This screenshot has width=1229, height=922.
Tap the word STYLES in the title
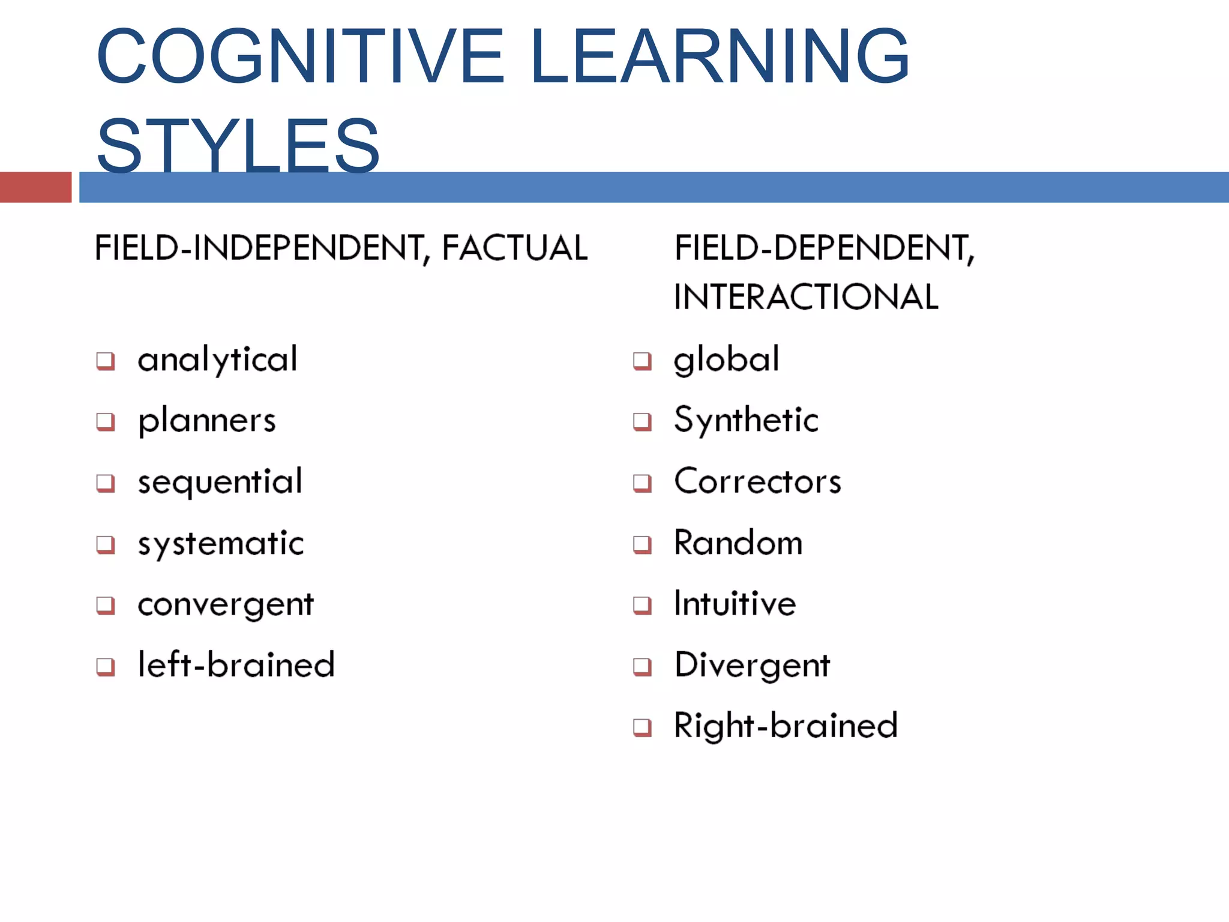pyautogui.click(x=238, y=146)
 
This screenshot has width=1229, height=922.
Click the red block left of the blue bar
pyautogui.click(x=35, y=187)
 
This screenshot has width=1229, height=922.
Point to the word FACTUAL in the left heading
pyautogui.click(x=515, y=248)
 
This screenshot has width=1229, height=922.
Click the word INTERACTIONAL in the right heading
pyautogui.click(x=806, y=297)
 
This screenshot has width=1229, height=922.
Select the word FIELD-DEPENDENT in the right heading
pyautogui.click(x=822, y=248)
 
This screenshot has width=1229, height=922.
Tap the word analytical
pyautogui.click(x=217, y=360)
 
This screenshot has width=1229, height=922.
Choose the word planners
pyautogui.click(x=207, y=421)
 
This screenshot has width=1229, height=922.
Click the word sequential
pyautogui.click(x=220, y=482)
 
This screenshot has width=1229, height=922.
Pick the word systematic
pyautogui.click(x=221, y=544)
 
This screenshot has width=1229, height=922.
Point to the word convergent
pyautogui.click(x=226, y=604)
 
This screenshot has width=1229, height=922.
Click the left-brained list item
pyautogui.click(x=236, y=665)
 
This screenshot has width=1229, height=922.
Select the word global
pyautogui.click(x=727, y=360)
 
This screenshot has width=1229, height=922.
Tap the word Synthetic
pyautogui.click(x=746, y=420)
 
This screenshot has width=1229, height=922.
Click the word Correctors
pyautogui.click(x=757, y=481)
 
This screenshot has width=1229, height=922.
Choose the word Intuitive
pyautogui.click(x=735, y=603)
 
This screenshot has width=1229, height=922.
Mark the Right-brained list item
pyautogui.click(x=786, y=726)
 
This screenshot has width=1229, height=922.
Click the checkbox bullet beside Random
pyautogui.click(x=642, y=544)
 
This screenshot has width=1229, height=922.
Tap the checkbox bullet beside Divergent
pyautogui.click(x=642, y=666)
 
